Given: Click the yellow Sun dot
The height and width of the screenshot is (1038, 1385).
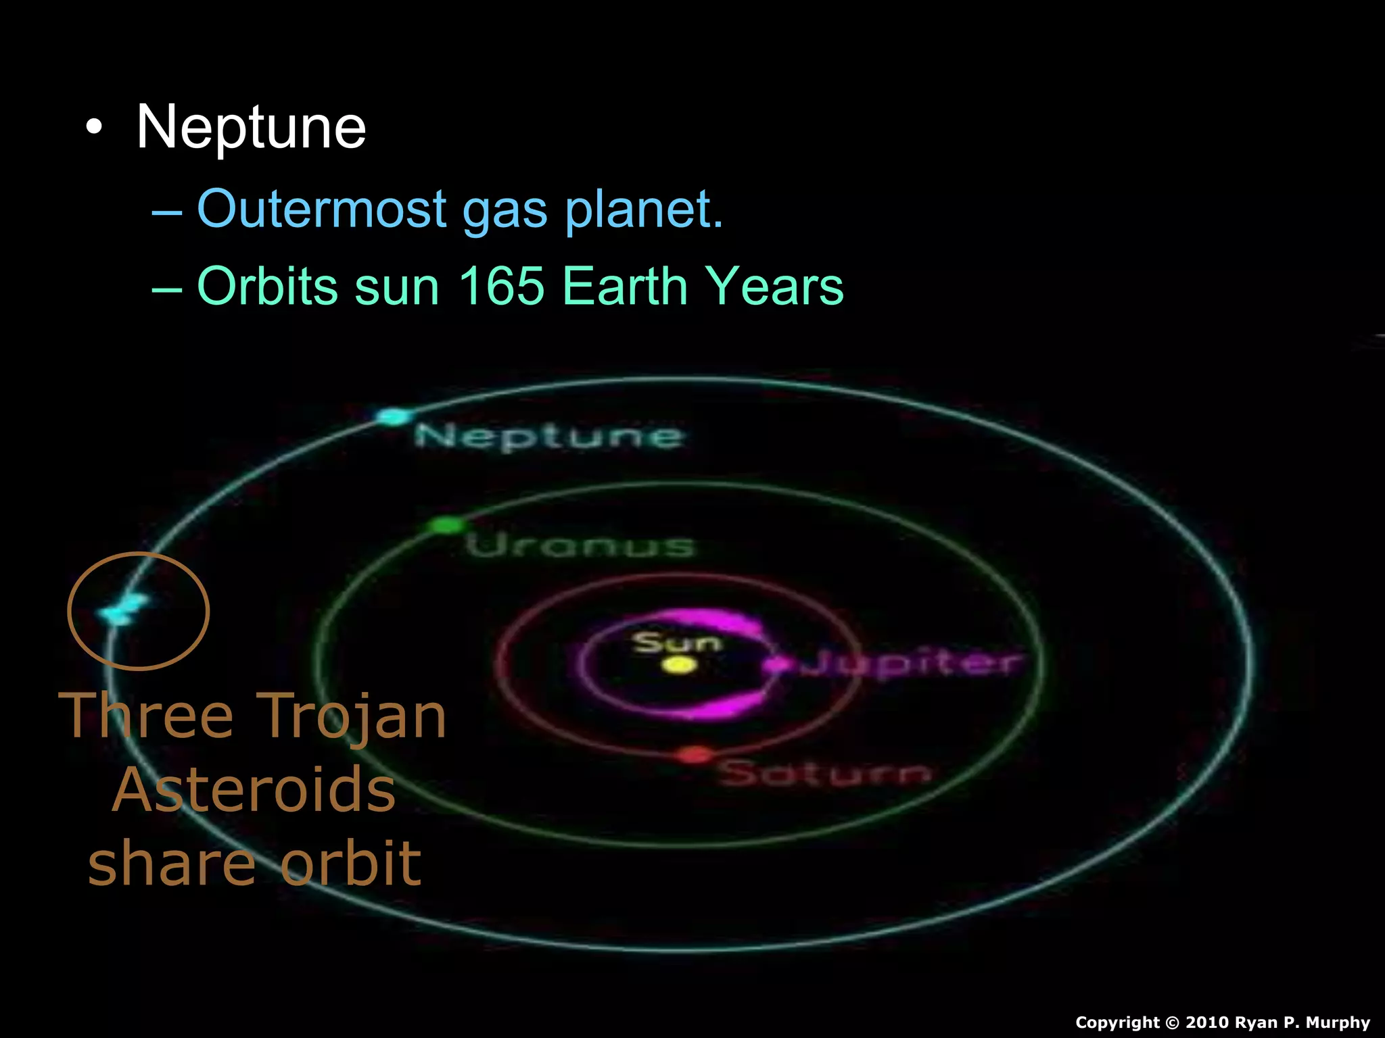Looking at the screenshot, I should tap(679, 665).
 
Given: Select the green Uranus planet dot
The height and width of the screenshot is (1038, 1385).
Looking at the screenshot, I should tap(446, 524).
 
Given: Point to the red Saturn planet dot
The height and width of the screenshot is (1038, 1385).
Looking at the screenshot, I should tap(695, 755).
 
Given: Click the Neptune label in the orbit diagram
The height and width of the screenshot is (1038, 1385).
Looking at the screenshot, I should tap(548, 436).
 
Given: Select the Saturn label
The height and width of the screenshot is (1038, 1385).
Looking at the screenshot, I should tap(824, 772).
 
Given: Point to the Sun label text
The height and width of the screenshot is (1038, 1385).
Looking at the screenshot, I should tap(677, 642).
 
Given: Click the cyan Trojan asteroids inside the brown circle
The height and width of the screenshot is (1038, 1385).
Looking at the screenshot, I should tap(122, 609).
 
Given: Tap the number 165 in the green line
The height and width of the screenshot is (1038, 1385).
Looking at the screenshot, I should tap(501, 286).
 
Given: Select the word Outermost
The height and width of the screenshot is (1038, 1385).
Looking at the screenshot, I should tap(321, 209).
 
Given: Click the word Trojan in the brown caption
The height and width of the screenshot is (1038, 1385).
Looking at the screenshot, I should tap(352, 716).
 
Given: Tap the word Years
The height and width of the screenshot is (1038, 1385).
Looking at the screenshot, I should tap(774, 286).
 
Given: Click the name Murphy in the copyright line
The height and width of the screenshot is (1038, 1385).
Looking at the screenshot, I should tap(1338, 1022).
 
